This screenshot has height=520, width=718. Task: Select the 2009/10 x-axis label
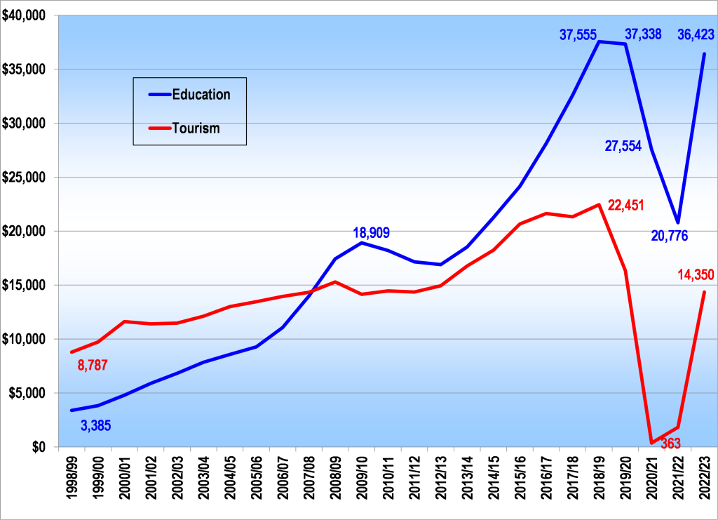pyautogui.click(x=361, y=480)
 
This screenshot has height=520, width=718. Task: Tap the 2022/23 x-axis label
pyautogui.click(x=704, y=480)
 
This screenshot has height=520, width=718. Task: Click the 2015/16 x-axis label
pyautogui.click(x=520, y=480)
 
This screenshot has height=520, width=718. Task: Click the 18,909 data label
pyautogui.click(x=371, y=233)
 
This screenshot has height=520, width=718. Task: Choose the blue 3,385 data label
pyautogui.click(x=95, y=425)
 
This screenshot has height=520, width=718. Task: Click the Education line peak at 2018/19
pyautogui.click(x=599, y=41)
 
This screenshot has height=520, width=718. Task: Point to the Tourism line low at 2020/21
pyautogui.click(x=651, y=443)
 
